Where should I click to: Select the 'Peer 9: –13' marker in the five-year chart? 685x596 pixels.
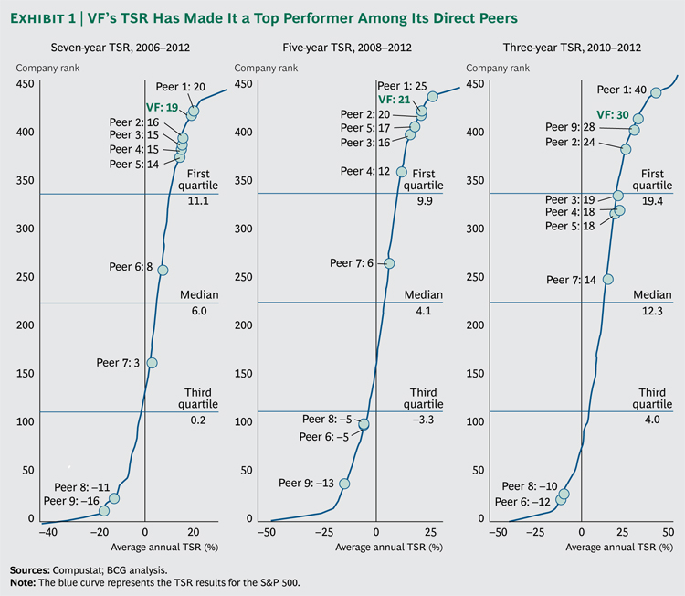[344, 484]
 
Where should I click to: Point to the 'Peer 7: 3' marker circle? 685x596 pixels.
[152, 363]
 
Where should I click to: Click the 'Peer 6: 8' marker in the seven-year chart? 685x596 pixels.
[163, 270]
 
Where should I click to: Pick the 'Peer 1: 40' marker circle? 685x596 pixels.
[655, 92]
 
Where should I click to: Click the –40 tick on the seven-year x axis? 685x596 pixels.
[42, 531]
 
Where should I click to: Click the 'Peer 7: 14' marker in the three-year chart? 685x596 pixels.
[608, 280]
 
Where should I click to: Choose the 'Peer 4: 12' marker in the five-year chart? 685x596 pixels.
[402, 171]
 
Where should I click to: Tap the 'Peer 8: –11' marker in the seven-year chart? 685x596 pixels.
[114, 498]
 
